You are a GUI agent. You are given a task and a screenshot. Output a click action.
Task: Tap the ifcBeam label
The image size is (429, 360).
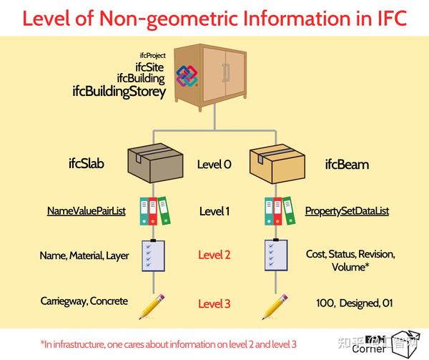[x=347, y=165]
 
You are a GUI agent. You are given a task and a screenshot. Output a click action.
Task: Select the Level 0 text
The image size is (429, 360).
[x=214, y=165]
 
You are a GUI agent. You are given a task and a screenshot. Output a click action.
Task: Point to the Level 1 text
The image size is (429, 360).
[x=214, y=211]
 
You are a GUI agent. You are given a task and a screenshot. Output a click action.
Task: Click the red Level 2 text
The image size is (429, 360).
[x=214, y=255]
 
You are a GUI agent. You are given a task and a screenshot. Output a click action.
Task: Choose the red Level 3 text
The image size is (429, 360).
[x=214, y=303]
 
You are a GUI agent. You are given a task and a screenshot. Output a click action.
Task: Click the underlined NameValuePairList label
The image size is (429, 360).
[x=87, y=211]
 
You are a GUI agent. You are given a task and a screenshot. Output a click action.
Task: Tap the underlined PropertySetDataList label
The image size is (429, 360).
[x=347, y=211]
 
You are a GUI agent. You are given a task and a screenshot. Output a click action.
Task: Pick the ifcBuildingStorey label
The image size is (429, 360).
[x=119, y=92]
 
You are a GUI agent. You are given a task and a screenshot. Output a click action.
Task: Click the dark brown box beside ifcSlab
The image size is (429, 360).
[x=152, y=164]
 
